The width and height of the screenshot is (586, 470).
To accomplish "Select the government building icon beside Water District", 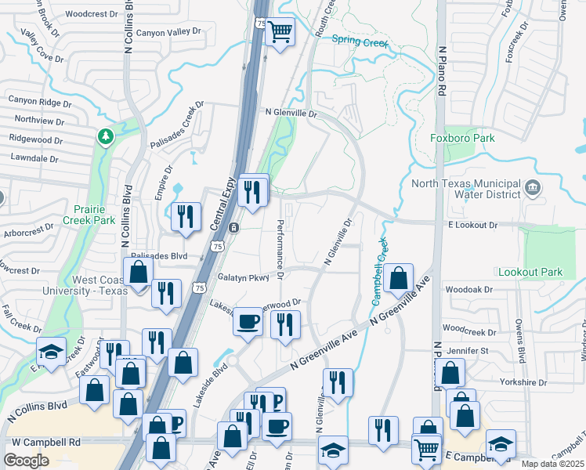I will pos(534,188).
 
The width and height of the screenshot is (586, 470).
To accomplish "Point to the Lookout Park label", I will pos(530,272).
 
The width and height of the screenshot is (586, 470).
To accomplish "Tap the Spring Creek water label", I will pos(360,42).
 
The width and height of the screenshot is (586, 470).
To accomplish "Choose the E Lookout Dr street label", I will pos(472,225).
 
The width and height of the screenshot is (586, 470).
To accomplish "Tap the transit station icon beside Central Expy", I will pos(234,227).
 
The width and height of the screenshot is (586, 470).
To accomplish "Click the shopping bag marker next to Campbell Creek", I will pos(398,277).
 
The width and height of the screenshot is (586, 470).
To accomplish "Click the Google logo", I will pos(26,460).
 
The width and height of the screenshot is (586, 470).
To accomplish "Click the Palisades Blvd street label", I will pos(160,255).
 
